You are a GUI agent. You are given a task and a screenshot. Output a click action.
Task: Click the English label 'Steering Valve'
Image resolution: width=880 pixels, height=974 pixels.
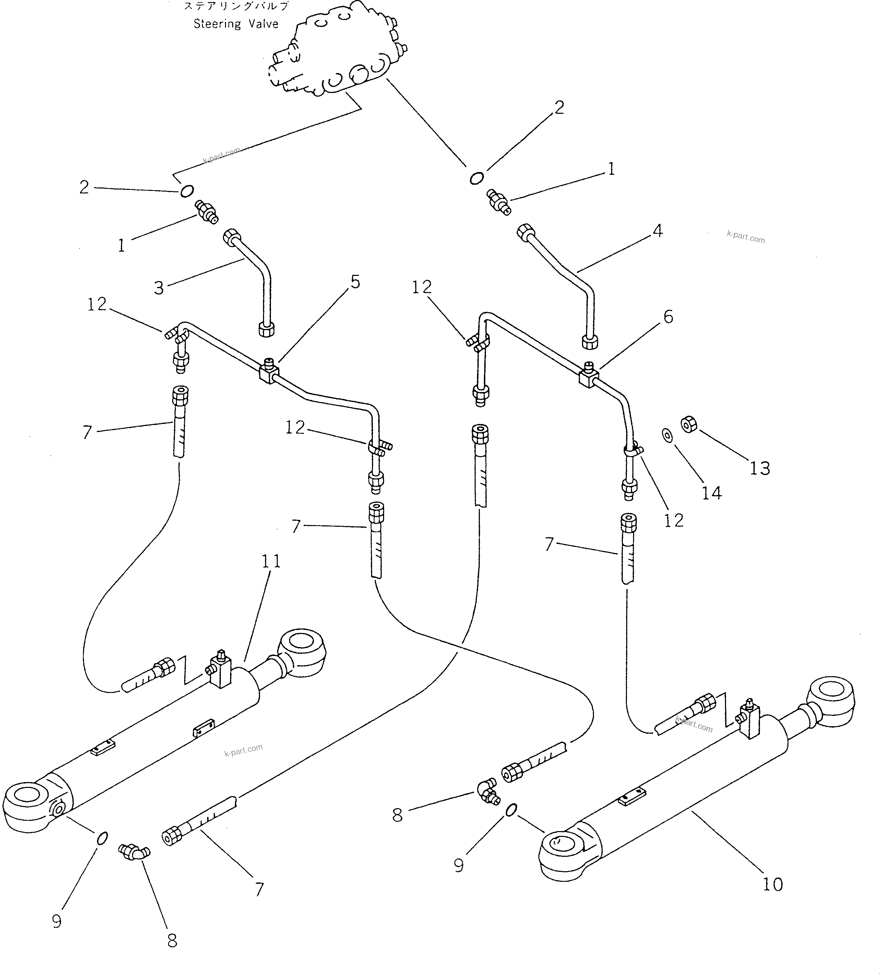tap(236, 24)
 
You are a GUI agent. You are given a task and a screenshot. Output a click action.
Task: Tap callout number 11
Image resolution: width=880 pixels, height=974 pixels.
tap(271, 561)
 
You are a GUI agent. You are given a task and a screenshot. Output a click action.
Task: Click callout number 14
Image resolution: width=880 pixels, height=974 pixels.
tap(712, 493)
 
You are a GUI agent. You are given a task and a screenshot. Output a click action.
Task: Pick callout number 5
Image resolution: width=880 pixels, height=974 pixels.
tap(355, 282)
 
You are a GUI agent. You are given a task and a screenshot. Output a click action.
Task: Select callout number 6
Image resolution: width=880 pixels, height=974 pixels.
tap(668, 317)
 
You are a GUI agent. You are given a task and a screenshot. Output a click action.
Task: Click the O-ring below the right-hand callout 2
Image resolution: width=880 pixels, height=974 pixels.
tap(476, 178)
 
